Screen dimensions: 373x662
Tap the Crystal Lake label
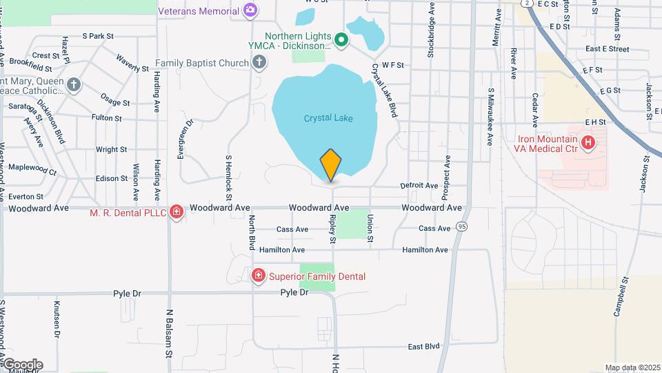pos(328,118)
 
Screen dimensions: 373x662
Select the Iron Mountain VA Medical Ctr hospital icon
pos(588,143)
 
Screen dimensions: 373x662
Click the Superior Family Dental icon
pos(259,276)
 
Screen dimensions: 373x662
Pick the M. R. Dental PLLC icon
pos(177,211)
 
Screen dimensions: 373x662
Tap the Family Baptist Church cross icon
pos(259,64)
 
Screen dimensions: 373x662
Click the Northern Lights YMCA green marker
pos(341,39)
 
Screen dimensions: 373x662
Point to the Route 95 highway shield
pos(461,226)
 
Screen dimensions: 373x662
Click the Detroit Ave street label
pos(419,186)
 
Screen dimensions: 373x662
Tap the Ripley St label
pos(332,228)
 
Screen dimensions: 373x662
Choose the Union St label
pos(370,228)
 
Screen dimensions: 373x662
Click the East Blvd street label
pos(423,346)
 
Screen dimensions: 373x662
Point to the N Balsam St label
pos(168,334)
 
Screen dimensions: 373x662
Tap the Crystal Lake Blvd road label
pos(385,90)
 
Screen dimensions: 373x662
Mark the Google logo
pos(23,365)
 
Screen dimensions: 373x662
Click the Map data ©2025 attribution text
pos(632,367)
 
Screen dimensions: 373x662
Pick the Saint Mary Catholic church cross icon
pos(74,85)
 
